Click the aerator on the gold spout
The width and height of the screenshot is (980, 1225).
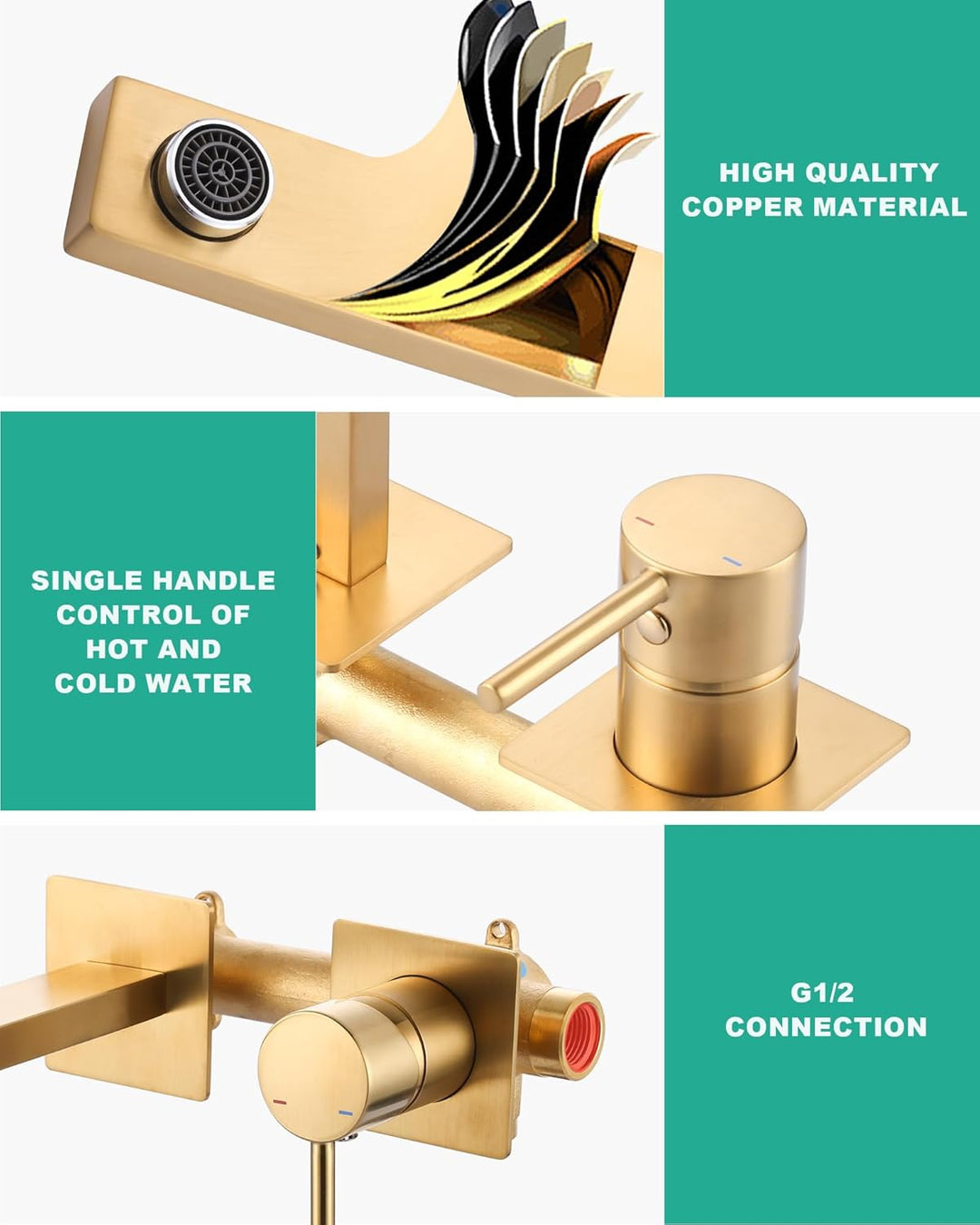click(x=213, y=180)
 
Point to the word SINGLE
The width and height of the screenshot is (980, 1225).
click(x=87, y=581)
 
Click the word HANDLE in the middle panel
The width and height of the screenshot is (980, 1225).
click(x=213, y=581)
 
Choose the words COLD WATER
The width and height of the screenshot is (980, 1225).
click(x=153, y=683)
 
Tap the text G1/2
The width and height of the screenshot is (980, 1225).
click(x=822, y=994)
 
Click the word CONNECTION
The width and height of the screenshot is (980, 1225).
click(x=826, y=1027)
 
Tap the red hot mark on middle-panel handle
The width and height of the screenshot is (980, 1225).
click(x=645, y=520)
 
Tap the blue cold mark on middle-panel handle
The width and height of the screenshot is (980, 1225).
click(x=731, y=562)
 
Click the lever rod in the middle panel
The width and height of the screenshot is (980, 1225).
click(x=573, y=641)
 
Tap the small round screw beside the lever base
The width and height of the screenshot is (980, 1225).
click(x=657, y=626)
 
